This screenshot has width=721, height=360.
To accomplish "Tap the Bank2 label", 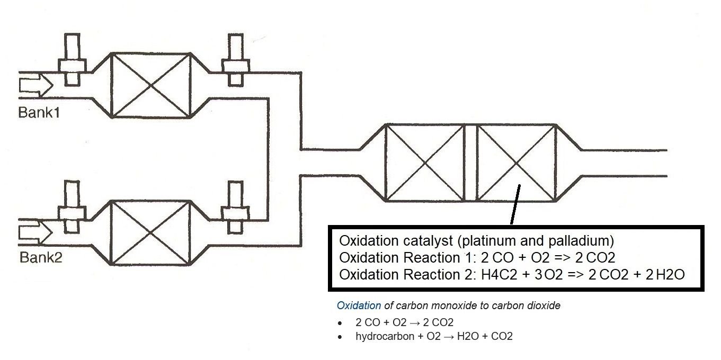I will pos(41,258).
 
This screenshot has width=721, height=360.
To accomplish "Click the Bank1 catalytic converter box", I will pos(152,85).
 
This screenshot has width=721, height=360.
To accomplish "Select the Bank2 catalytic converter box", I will pos(152,232).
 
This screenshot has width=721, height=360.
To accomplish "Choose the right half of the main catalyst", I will pos(516,163).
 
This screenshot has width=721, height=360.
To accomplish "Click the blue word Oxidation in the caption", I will pos(359,305).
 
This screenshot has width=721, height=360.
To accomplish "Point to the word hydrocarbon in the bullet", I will pos(385,336).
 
